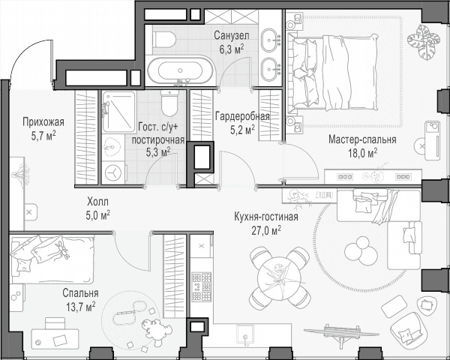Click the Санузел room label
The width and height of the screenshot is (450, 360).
coord(232,36)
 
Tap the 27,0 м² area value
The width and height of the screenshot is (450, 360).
coord(266,230)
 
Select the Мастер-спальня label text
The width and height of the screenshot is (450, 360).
coord(362,139)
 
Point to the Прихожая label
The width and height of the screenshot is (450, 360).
coord(43,122)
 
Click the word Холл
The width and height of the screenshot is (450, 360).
coord(97,202)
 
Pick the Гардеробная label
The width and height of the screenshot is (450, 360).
coord(242,116)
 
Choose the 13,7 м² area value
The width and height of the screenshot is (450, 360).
coord(81,307)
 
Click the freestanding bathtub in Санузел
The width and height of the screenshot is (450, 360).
coord(180,70)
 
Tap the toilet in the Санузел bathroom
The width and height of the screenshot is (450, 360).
coord(164,40)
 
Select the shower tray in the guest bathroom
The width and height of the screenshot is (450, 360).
coord(118,112)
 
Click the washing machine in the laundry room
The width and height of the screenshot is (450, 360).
coord(113,172)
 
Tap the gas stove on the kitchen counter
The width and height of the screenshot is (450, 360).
coord(202,286)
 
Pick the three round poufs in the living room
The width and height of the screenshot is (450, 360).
coord(361,251)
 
